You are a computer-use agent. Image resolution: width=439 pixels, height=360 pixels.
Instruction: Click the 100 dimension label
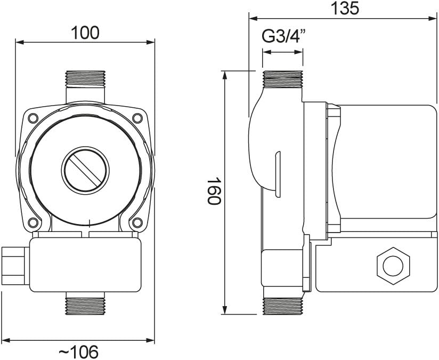(x=85, y=33)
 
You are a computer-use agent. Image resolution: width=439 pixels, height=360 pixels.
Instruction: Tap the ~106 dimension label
(x=79, y=351)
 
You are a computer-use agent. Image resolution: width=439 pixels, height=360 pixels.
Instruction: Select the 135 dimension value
(x=345, y=9)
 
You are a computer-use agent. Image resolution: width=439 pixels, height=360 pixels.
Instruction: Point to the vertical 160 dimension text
(x=214, y=191)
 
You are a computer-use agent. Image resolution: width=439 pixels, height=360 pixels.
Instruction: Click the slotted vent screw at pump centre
(x=85, y=171)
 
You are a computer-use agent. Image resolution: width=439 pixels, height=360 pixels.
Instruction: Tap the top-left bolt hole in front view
(x=33, y=118)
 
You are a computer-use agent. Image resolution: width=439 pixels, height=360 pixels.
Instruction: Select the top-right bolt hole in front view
(x=137, y=118)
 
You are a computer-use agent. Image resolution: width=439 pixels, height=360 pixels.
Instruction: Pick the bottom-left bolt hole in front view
(x=33, y=222)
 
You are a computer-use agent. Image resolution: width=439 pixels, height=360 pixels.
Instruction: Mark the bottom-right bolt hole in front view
(x=137, y=222)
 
